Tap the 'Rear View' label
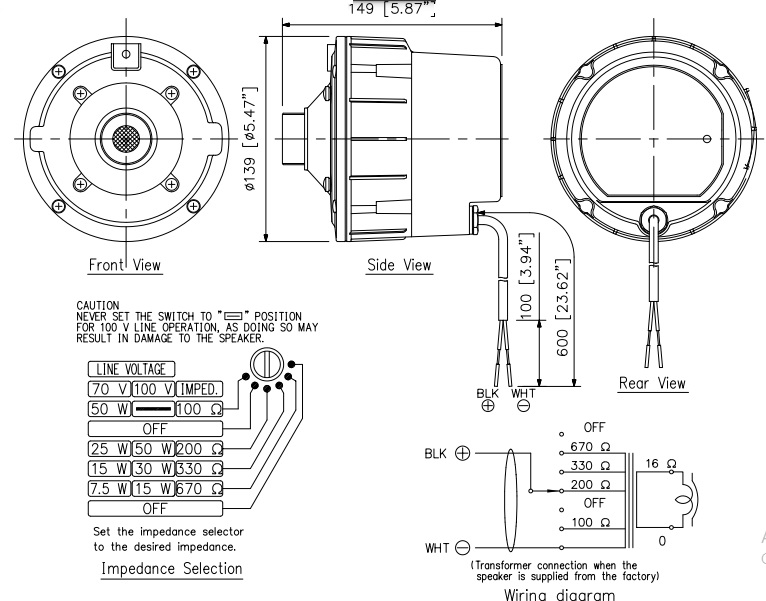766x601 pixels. pos(653,383)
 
